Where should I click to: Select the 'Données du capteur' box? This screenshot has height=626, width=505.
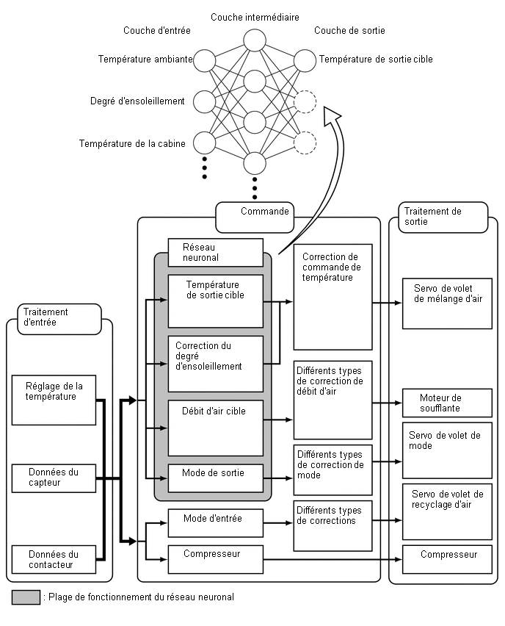click(x=54, y=478)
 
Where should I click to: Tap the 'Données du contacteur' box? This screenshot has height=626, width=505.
click(x=54, y=559)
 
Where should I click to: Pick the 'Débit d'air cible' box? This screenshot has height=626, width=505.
click(x=215, y=428)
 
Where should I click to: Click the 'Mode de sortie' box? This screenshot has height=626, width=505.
click(x=215, y=478)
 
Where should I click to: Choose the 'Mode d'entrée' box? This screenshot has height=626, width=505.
click(x=215, y=522)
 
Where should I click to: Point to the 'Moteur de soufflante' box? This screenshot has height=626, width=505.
click(x=446, y=403)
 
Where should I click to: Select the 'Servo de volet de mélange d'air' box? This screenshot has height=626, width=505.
click(x=446, y=303)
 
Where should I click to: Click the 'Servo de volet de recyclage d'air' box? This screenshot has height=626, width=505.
click(x=446, y=511)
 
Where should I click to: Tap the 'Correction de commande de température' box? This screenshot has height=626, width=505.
click(x=333, y=298)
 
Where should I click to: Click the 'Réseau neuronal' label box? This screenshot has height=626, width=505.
click(x=215, y=253)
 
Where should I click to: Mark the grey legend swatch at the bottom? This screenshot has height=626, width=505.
click(x=26, y=597)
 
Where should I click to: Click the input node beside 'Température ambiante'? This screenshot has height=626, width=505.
click(x=204, y=59)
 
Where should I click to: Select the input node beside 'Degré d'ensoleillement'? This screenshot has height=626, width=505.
click(x=204, y=101)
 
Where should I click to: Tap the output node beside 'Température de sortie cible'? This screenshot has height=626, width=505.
click(x=304, y=59)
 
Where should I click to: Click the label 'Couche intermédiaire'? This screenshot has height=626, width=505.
click(x=254, y=17)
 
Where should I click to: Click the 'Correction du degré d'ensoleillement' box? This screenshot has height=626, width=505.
click(x=215, y=364)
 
